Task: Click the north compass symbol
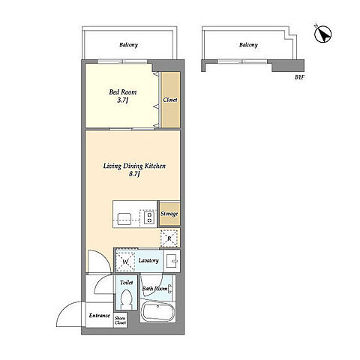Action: (x=322, y=34)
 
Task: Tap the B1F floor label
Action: (x=299, y=77)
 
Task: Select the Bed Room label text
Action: (x=123, y=92)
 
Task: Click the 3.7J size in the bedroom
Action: (x=123, y=100)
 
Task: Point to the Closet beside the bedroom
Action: (x=171, y=100)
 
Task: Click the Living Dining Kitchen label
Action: (x=134, y=166)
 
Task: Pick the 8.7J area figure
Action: (x=134, y=174)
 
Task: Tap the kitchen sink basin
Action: (x=124, y=219)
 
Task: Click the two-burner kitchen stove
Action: (x=150, y=217)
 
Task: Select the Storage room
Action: (x=169, y=214)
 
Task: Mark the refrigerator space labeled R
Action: (x=169, y=238)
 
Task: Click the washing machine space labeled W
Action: (x=125, y=262)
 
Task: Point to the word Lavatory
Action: (x=148, y=260)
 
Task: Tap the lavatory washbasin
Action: (x=172, y=261)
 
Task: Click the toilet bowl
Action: (x=127, y=299)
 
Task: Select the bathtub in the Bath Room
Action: (x=157, y=312)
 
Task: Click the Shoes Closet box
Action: (x=120, y=320)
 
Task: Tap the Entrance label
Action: (x=100, y=316)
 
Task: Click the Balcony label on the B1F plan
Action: (x=248, y=45)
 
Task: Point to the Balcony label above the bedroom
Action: (x=128, y=45)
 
